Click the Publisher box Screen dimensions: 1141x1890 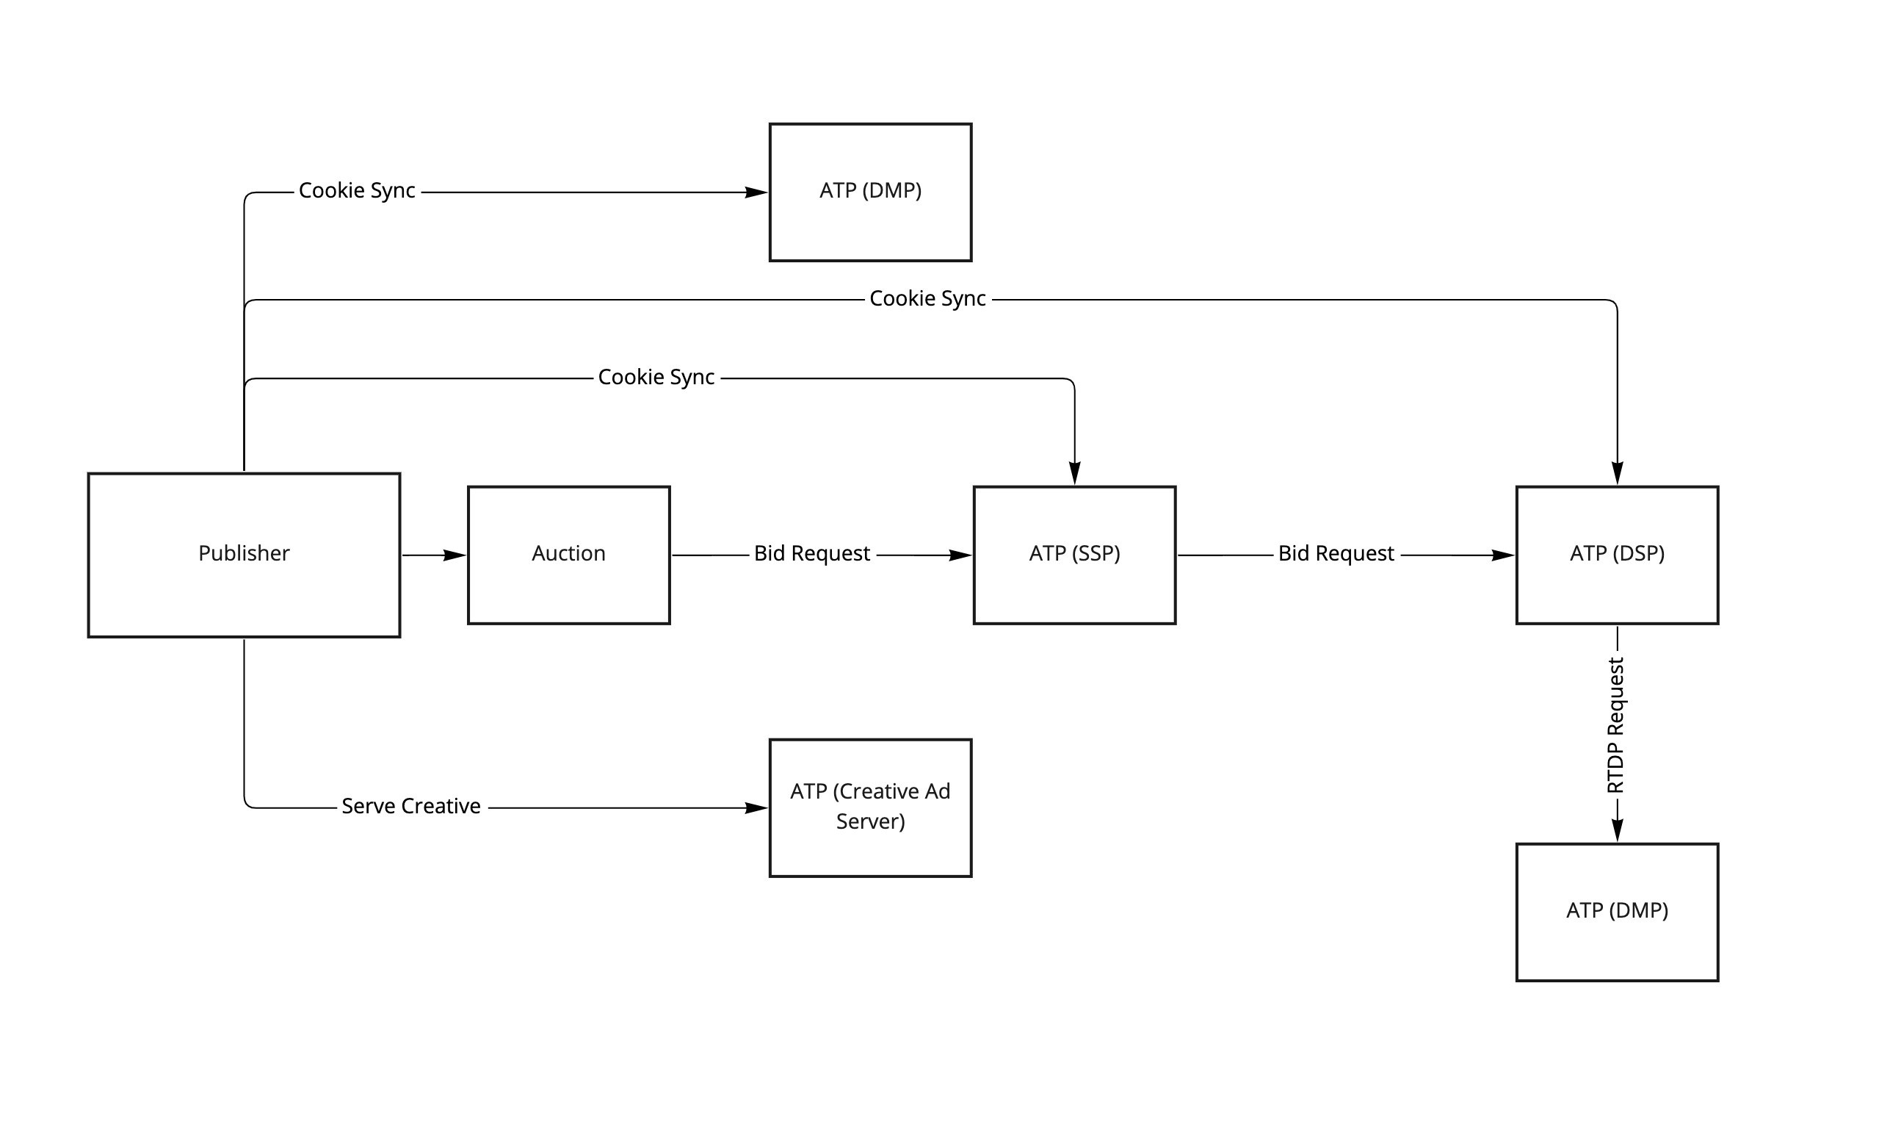[x=244, y=555]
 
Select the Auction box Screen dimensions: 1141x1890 [x=568, y=555]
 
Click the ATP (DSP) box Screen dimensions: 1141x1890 [x=1617, y=555]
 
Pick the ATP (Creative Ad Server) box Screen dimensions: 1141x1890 [x=870, y=807]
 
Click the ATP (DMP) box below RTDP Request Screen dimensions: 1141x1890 [x=1617, y=912]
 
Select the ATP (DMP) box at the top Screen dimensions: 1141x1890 [x=870, y=192]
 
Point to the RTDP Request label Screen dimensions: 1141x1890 [x=1615, y=725]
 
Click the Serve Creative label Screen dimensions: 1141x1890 [x=411, y=807]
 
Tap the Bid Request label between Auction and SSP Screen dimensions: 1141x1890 [x=811, y=554]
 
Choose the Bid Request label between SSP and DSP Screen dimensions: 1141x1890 [x=1336, y=554]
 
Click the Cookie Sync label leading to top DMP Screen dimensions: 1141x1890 [x=357, y=191]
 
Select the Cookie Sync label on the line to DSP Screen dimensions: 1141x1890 [x=927, y=299]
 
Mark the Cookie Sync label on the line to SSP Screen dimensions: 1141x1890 [x=656, y=378]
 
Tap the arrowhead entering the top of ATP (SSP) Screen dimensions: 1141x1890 [x=1075, y=473]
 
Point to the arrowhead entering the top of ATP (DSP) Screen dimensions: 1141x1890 [x=1617, y=473]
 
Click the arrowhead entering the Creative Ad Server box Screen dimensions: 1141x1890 [x=756, y=808]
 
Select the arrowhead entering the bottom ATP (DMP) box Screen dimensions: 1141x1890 [x=1617, y=830]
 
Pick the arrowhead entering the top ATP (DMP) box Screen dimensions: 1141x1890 [x=756, y=192]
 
